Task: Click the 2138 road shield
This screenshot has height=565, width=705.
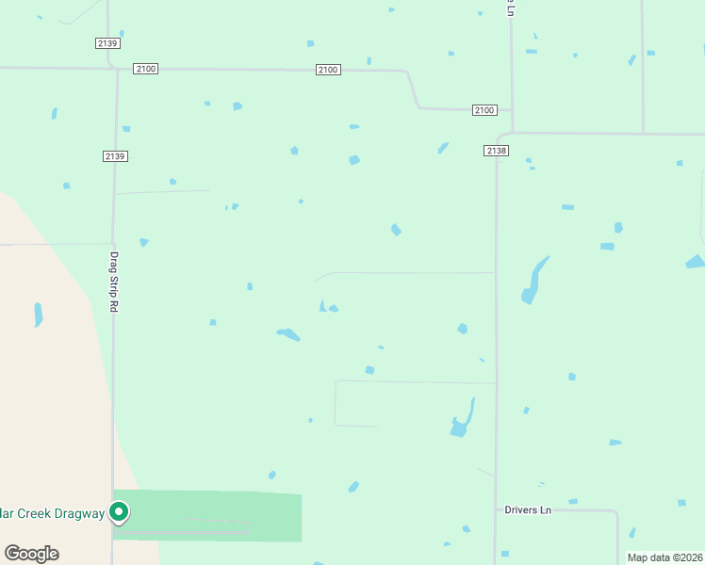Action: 497,151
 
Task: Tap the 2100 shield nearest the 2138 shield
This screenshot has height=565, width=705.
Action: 484,110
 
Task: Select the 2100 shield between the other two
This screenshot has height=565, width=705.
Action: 328,70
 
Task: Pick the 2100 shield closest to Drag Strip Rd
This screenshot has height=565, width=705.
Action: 146,69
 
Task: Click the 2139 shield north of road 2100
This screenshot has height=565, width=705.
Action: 107,43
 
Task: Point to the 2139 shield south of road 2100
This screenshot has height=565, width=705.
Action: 116,156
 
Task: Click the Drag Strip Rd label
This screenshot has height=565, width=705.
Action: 114,282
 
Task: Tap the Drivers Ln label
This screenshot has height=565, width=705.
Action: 528,510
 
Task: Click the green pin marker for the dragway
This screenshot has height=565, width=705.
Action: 119,512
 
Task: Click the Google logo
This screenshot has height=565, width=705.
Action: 31,554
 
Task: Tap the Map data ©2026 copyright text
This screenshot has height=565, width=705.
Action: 664,557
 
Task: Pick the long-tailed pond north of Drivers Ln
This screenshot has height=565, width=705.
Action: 463,420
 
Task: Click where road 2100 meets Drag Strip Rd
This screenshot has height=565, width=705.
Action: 117,69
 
